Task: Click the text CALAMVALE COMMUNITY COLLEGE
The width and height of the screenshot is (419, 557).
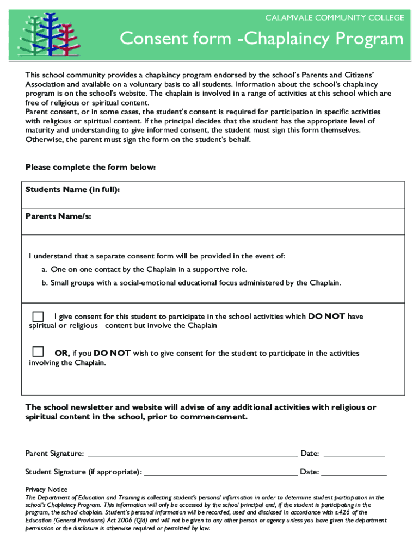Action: coord(334,18)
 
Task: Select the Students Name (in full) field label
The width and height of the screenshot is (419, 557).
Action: coord(72,189)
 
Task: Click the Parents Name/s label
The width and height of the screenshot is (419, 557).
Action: coord(58,216)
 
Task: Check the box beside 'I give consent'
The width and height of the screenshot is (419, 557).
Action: coord(38,317)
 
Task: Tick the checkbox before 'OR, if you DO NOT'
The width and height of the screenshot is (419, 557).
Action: coord(38,351)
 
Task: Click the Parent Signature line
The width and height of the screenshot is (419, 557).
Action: coord(193,453)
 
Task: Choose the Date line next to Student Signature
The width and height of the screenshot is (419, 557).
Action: coord(354,472)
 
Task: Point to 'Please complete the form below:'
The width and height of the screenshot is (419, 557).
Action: coord(91,167)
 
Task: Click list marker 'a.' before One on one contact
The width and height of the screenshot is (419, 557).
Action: coord(44,269)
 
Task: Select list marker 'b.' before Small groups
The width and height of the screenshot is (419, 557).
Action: coord(44,282)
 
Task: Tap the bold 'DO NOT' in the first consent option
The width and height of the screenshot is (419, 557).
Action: coord(326,316)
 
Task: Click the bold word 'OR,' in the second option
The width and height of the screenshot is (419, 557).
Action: coord(62,353)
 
